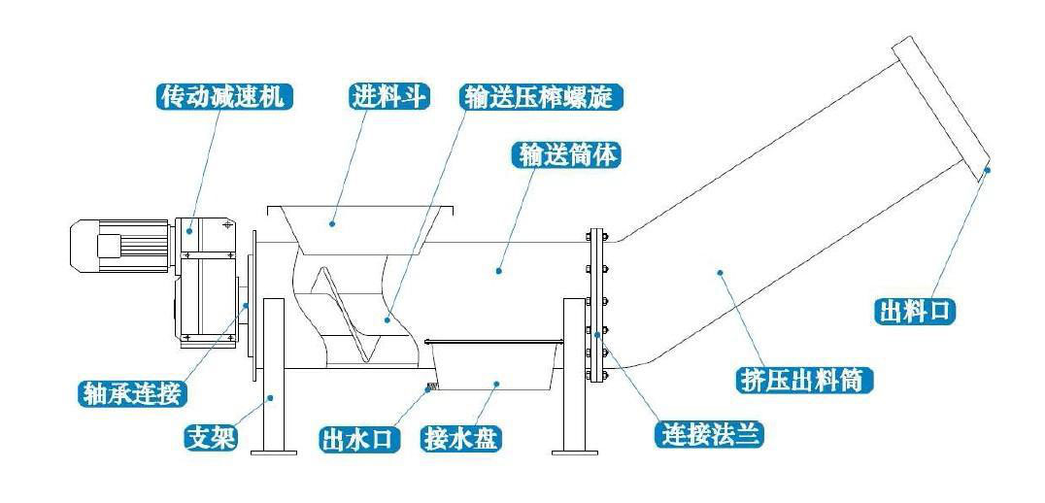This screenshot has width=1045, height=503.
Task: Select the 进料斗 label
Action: (388, 96)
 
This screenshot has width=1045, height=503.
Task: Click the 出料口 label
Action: (916, 311)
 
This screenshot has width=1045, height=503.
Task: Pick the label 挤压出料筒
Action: (801, 379)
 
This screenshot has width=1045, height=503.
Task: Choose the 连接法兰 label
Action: (709, 434)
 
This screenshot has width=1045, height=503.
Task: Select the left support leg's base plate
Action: (273, 450)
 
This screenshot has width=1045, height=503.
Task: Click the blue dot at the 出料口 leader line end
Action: (987, 170)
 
